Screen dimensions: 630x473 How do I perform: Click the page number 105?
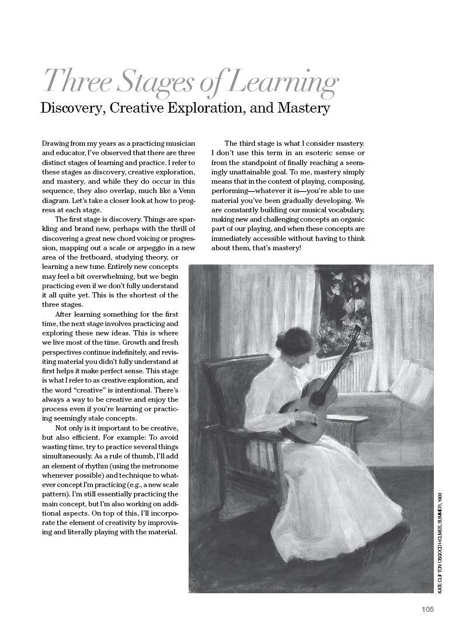pos(427,610)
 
